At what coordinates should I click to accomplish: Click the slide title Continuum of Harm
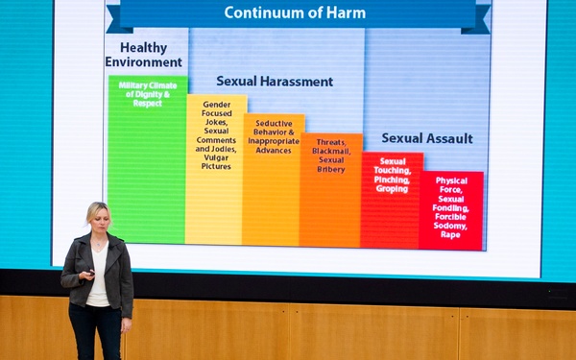coord(287,12)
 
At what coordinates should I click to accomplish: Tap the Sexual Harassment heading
coord(275,82)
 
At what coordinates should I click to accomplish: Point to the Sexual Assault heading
coord(426,138)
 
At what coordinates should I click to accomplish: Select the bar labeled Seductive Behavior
coord(273,192)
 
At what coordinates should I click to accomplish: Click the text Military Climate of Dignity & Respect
coord(147,93)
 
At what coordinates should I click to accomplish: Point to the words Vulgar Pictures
coord(216,161)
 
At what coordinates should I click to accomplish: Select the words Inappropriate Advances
coord(274,145)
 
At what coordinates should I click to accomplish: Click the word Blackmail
coord(330,153)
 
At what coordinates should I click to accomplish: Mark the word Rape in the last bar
coord(450,234)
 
